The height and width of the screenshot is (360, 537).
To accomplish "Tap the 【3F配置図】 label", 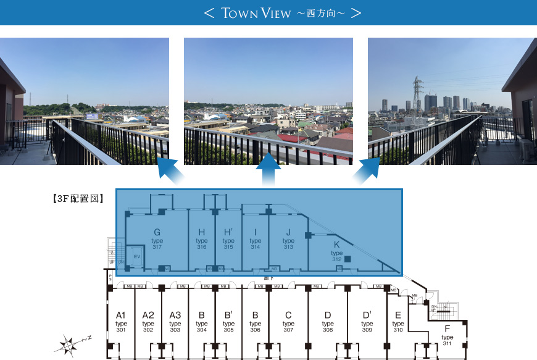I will point(77,199).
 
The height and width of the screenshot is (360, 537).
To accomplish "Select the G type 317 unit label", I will point(157,239).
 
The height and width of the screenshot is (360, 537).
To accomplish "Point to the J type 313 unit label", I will point(288,239).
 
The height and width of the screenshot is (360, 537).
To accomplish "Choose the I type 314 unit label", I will point(255,239).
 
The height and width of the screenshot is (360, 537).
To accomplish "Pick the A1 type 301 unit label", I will point(121,322).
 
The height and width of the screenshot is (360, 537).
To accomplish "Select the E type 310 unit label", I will point(398,322).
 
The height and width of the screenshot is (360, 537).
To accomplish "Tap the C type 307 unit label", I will point(288,322).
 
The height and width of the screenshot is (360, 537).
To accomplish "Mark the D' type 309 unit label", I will point(367,322).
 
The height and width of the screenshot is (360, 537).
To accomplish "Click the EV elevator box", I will point(136,255).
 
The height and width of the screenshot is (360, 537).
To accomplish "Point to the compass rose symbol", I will point(70,343).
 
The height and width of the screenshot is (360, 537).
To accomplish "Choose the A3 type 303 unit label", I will point(175,322).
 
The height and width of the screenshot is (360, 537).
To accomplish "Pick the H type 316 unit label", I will point(202,239).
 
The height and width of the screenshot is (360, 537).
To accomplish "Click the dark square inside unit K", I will point(348,259).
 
